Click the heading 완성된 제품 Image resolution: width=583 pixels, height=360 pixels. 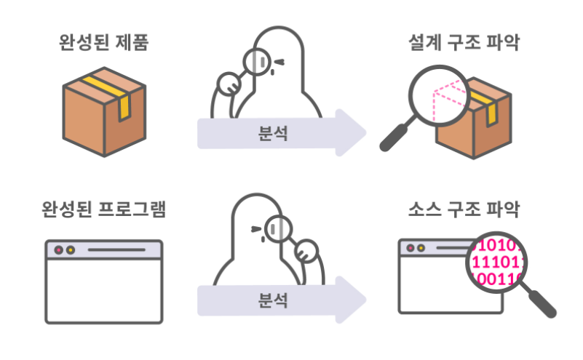[104, 43]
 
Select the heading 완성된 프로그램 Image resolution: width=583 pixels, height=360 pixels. [104, 211]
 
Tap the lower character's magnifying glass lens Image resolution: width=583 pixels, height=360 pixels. [278, 230]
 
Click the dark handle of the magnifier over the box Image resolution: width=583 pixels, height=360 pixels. [394, 138]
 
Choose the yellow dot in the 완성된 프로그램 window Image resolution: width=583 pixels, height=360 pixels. [70, 249]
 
